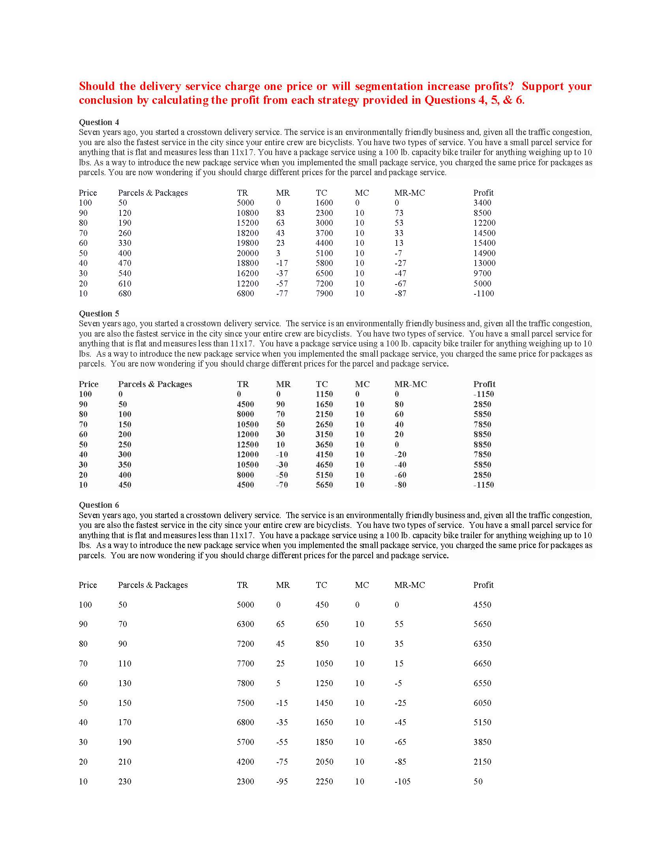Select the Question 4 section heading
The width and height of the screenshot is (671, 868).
tap(99, 122)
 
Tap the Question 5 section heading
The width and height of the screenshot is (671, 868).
tap(99, 314)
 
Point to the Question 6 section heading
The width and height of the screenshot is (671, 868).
tap(99, 505)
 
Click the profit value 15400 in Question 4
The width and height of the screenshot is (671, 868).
tap(484, 243)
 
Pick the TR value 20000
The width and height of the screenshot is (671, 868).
tap(247, 253)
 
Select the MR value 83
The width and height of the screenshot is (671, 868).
tap(280, 213)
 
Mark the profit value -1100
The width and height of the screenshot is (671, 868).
tap(484, 294)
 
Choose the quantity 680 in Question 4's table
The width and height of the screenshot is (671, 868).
tap(124, 294)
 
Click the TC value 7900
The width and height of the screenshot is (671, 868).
tap(324, 294)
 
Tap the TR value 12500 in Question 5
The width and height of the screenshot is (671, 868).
tap(247, 445)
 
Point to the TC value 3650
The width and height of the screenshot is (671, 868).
tap(324, 445)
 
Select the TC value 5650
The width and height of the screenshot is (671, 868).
tap(324, 485)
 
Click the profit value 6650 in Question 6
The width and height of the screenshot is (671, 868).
tap(482, 663)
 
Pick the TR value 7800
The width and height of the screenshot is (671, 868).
tap(245, 683)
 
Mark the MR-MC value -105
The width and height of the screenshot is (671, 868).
tap(402, 781)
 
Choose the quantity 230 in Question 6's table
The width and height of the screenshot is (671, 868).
tap(124, 781)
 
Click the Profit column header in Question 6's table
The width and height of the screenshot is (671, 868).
tap(483, 585)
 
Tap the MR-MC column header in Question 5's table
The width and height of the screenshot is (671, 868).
tap(410, 384)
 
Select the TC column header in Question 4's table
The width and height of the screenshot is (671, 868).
tap(321, 193)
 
